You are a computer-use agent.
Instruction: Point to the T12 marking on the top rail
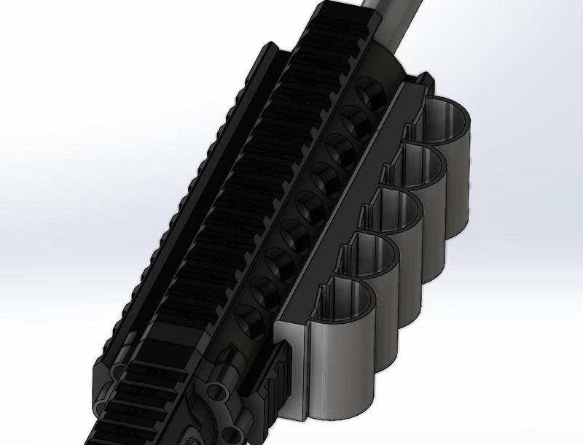pos(146,392)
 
